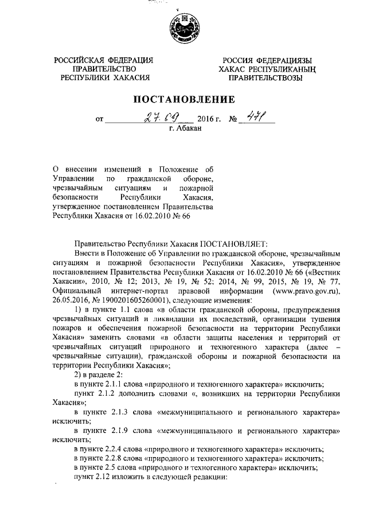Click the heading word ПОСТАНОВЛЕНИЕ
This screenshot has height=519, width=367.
click(184, 99)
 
